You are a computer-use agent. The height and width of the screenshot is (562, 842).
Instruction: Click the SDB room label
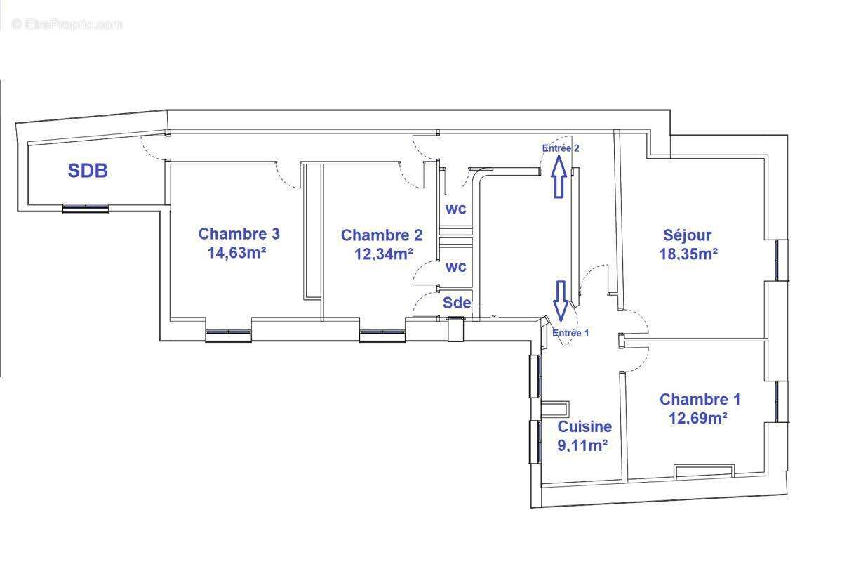[x=88, y=170]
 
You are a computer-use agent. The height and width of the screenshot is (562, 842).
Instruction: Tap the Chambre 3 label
[x=234, y=234]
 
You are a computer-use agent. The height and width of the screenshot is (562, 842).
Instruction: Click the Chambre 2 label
[x=382, y=235]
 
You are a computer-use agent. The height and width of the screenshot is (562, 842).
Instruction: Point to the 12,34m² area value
[x=383, y=254]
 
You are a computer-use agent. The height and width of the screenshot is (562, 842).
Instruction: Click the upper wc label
[x=456, y=209]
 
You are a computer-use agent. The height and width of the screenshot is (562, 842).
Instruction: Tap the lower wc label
[x=456, y=267]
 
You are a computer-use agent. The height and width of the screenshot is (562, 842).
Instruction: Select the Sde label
[x=456, y=303]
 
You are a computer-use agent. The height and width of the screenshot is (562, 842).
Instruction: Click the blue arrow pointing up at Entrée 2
[x=559, y=176]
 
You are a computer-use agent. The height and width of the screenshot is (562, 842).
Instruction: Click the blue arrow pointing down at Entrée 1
[x=561, y=300]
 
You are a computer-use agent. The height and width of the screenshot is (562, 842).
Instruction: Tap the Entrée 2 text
[x=561, y=148]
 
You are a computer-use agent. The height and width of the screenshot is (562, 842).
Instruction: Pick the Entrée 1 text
[x=570, y=333]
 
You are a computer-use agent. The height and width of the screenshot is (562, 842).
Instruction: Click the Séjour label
[x=688, y=235]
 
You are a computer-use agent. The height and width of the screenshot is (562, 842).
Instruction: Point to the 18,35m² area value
[x=688, y=254]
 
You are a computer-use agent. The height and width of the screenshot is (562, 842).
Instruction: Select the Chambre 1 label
[x=700, y=400]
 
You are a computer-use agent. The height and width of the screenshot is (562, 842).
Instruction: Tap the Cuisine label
[x=584, y=426]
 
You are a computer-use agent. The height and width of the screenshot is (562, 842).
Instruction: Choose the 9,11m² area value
[x=582, y=445]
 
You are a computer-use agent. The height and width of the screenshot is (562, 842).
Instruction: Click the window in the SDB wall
[x=86, y=208]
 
